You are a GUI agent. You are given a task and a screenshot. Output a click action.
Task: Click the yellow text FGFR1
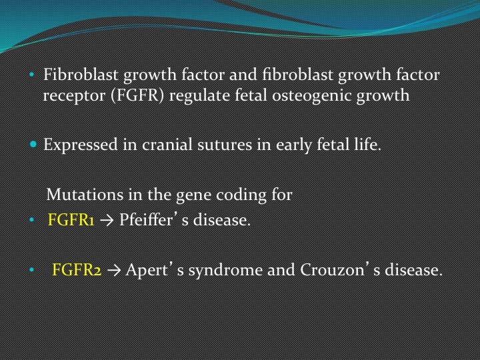(71, 220)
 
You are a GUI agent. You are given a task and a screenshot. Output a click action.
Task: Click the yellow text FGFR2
(77, 270)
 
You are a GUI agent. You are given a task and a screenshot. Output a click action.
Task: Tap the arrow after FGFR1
(107, 221)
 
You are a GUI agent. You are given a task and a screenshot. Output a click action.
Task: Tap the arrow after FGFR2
(114, 270)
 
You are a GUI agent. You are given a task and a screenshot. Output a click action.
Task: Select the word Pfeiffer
(146, 219)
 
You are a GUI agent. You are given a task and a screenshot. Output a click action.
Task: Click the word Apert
(146, 270)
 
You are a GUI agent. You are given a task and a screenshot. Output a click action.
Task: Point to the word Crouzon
(331, 270)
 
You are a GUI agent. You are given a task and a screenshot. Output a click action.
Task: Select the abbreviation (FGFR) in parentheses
(137, 95)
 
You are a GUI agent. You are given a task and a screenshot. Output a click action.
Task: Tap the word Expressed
(81, 145)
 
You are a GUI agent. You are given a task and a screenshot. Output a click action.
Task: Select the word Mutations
(85, 195)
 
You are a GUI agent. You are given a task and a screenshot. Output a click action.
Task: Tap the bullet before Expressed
(33, 144)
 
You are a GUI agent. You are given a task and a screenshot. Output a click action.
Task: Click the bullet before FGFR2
(31, 270)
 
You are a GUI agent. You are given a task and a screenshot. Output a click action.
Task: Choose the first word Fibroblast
(81, 75)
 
